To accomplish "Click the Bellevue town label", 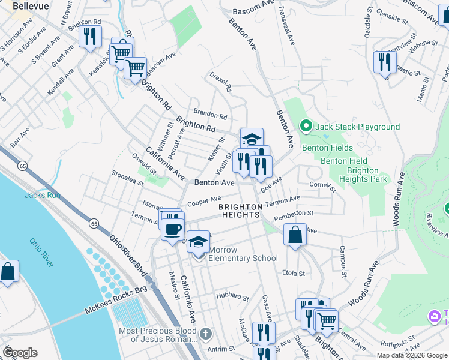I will pos(30,5).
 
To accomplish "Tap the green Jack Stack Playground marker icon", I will pos(305,127).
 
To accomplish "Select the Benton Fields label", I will pos(324,148).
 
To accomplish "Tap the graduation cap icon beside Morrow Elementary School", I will pos(199,242).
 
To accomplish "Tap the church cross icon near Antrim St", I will pos(205,333).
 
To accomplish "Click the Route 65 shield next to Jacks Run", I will pos(22,165).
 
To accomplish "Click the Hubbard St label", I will pos(233,297).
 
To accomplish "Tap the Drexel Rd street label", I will pos(220,82).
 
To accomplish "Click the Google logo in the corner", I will pos(20,352).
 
